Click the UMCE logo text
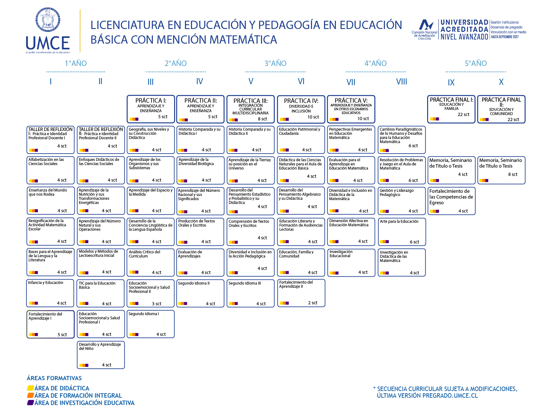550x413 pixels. [48, 43]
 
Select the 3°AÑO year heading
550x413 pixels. [275, 63]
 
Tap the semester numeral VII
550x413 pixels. [351, 82]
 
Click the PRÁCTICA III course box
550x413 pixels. [250, 109]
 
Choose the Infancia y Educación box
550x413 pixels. [50, 293]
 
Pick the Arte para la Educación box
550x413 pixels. [402, 232]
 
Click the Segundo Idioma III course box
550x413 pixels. [250, 293]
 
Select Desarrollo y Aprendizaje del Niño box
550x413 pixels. [101, 355]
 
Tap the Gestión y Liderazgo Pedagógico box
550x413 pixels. [402, 201]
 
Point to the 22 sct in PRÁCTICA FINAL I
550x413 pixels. [463, 114]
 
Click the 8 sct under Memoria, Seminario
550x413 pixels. [512, 174]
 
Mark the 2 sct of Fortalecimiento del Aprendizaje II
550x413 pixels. [313, 303]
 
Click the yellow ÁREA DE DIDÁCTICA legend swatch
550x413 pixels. [31, 388]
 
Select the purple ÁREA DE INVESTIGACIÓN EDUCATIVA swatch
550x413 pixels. [31, 403]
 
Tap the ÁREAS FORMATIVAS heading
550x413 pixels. [54, 378]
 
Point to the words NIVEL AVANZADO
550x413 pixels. [464, 37]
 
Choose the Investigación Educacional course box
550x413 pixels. [351, 263]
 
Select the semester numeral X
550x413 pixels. [501, 82]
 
